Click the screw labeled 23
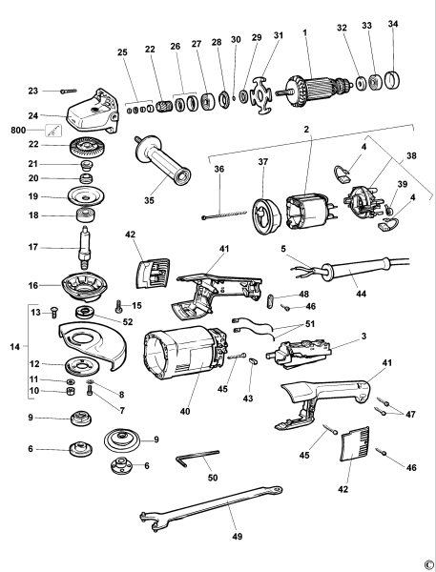tap(71, 91)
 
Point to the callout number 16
tap(32, 285)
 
